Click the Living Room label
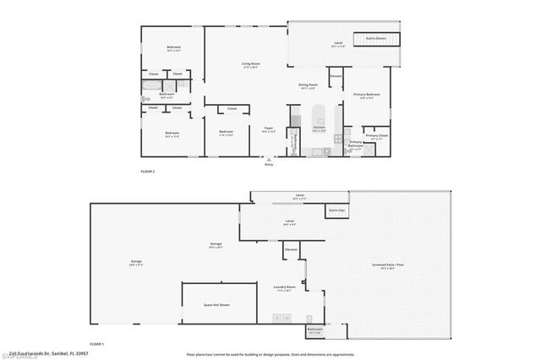click(250, 64)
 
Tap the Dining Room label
click(308, 85)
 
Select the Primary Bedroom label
click(366, 95)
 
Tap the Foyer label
click(268, 128)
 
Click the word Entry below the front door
click(269, 164)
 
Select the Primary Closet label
click(377, 135)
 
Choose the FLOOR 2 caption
click(148, 172)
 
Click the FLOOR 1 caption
click(97, 343)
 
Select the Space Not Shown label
click(218, 304)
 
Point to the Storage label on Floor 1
click(216, 244)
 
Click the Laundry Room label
click(285, 287)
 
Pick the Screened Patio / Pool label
click(391, 266)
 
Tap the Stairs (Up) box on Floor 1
click(337, 210)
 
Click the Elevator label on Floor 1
click(292, 250)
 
